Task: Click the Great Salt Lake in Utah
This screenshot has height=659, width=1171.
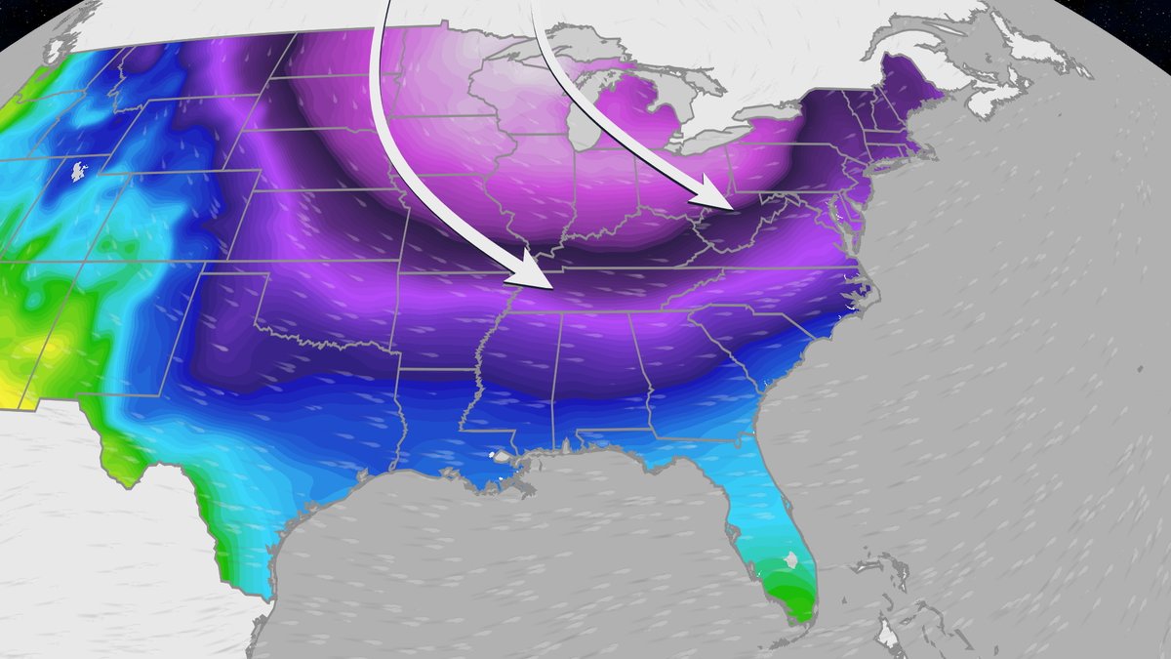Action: (x=76, y=173)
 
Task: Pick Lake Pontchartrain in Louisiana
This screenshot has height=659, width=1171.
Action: (x=505, y=456)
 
